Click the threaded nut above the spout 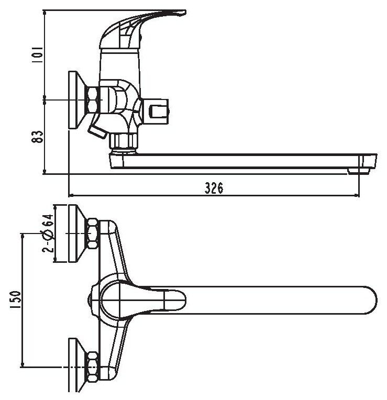tap(123, 140)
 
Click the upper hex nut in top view tap(93, 234)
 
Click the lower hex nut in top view tap(93, 365)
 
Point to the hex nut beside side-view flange tap(93, 99)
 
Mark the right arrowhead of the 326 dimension tap(358, 196)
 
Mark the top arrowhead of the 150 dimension tap(22, 237)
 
